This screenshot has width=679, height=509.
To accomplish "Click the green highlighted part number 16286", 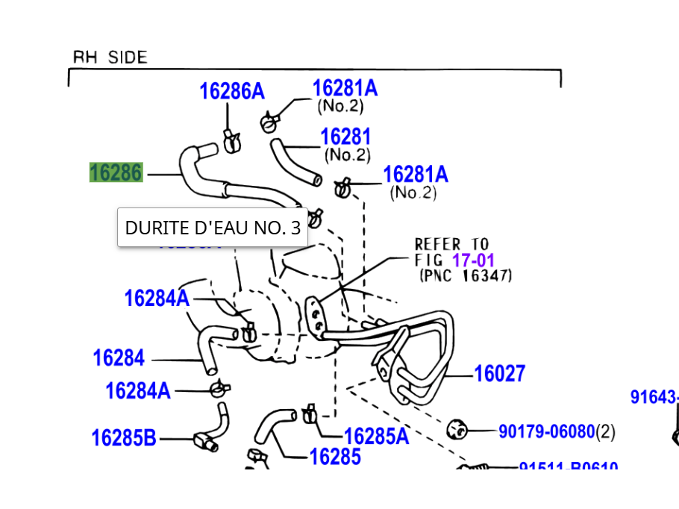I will coord(116,172).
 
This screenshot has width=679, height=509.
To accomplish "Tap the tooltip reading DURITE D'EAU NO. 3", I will coord(213,228).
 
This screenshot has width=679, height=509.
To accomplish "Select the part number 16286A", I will coord(231,91).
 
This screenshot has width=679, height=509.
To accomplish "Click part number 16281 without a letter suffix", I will coord(345,137).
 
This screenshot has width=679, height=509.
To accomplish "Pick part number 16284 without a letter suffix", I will coord(119,358).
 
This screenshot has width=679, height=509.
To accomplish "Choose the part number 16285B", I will coord(124,438).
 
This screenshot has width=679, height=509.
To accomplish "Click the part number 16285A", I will coord(376,437).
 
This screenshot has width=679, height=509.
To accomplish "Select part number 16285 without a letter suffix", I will coord(335,456).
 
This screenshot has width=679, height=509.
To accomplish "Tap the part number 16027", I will coord(500,373).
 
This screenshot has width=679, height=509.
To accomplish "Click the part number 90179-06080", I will coord(546,431).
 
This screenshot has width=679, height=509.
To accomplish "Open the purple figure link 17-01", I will coord(473,260).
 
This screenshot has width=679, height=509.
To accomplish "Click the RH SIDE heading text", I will coord(110,57).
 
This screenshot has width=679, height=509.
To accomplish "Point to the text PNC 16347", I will coord(466,275).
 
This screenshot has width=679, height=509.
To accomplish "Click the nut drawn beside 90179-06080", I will coord(456,429).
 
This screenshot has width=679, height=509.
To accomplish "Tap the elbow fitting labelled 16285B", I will coord(204,441).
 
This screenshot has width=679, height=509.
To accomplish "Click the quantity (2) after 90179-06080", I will coord(606,431).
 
